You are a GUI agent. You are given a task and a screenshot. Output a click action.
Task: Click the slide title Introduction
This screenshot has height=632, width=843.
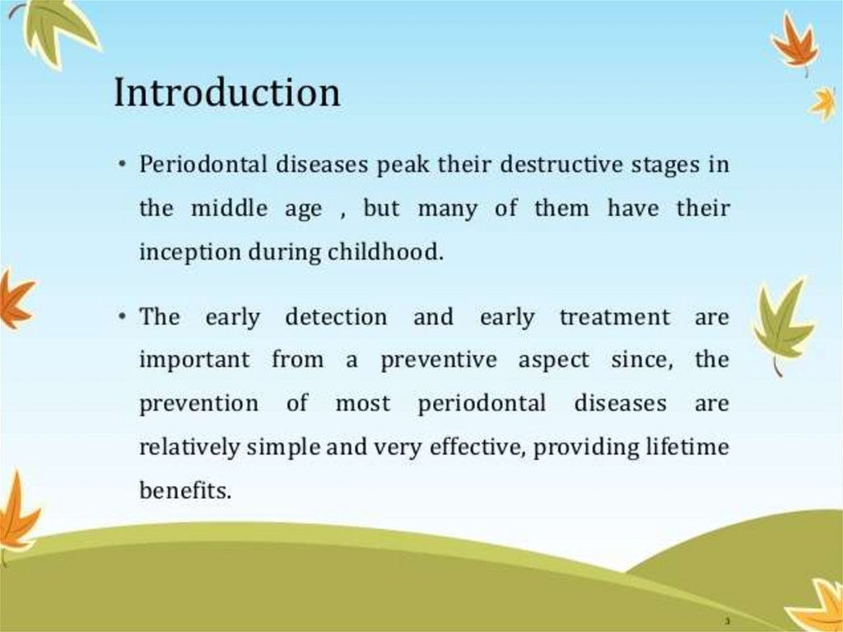(x=227, y=92)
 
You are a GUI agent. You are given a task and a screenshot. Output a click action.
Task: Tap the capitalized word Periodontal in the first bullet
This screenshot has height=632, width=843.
(x=203, y=164)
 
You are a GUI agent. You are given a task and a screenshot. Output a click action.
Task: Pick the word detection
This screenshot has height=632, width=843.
(x=336, y=316)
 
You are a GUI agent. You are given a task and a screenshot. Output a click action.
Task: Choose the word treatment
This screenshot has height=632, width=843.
(x=615, y=317)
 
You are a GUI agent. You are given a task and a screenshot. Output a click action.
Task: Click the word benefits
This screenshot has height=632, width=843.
(x=185, y=490)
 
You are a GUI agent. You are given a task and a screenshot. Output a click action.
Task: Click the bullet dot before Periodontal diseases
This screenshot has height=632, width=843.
(x=123, y=163)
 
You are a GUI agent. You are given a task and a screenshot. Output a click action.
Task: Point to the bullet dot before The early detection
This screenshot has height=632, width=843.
(x=123, y=316)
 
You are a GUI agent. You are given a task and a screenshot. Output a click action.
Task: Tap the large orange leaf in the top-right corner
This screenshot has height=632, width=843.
(x=796, y=43)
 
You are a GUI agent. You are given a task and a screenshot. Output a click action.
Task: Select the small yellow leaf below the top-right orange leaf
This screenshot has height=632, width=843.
(x=823, y=105)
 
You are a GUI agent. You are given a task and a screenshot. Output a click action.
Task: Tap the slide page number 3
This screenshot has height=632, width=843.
(x=728, y=620)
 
